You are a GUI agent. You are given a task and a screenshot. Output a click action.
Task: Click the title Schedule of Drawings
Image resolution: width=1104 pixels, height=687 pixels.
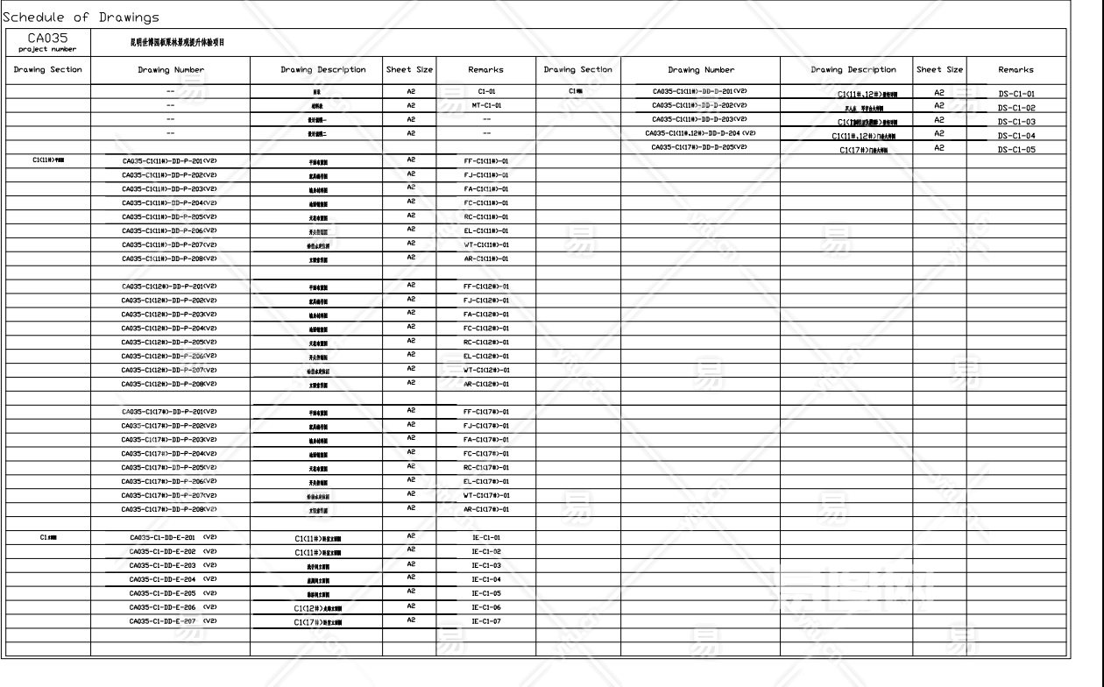(x=81, y=18)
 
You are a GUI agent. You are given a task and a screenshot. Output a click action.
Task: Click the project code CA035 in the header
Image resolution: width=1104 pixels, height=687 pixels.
(x=47, y=38)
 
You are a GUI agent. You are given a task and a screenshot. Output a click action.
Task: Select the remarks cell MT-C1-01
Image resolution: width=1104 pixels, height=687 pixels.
(x=486, y=105)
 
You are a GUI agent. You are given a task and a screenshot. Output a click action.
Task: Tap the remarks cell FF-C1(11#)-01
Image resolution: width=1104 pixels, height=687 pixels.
(x=486, y=161)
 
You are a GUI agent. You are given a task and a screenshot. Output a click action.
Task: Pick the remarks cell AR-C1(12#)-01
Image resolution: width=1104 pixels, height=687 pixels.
(x=486, y=385)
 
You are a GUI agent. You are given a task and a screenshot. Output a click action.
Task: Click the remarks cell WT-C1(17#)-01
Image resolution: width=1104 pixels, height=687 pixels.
(x=486, y=496)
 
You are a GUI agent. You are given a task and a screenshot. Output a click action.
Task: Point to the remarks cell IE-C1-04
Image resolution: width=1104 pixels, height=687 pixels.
(x=486, y=579)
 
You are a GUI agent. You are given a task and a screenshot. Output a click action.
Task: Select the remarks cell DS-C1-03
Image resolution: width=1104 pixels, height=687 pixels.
(x=1016, y=122)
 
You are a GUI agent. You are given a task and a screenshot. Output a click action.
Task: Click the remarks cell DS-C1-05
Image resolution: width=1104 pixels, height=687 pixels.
(x=1016, y=150)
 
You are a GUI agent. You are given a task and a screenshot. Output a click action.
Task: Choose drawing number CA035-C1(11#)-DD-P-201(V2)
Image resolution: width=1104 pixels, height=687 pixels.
(x=169, y=161)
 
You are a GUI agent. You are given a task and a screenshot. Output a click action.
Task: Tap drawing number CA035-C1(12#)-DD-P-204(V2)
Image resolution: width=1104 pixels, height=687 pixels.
(x=169, y=329)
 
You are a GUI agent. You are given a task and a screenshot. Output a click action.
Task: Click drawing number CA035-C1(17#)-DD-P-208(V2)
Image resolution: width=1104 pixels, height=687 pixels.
(x=169, y=509)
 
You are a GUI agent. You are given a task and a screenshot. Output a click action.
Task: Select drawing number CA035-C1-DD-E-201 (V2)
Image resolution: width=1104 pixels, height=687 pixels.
(x=173, y=537)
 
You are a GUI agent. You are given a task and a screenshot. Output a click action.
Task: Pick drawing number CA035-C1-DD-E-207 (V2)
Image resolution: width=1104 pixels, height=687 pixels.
(x=173, y=620)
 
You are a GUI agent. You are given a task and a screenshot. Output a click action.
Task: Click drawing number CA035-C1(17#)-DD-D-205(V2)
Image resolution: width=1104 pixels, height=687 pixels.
(x=699, y=147)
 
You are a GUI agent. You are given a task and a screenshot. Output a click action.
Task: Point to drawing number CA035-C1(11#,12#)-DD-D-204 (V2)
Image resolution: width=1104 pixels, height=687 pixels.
(x=700, y=133)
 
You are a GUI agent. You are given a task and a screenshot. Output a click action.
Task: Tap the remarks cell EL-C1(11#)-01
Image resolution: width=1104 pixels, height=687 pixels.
(x=486, y=231)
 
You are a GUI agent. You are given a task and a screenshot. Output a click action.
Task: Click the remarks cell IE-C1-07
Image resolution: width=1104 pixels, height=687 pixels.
(x=486, y=621)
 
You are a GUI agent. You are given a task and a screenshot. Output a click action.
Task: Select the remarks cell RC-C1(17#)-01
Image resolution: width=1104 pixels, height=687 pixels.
(x=486, y=468)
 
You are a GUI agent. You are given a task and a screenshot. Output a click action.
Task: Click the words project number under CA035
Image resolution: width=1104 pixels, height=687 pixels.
(x=47, y=49)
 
